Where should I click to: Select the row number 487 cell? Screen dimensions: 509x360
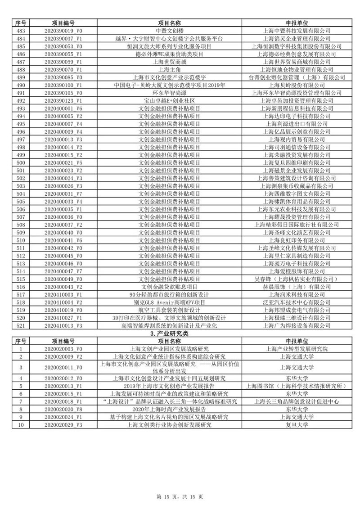(21, 61)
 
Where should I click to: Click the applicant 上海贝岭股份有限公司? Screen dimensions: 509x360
(296, 85)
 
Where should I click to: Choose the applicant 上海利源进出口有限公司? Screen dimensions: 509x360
(296, 124)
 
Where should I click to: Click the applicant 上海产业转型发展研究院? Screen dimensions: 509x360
(296, 348)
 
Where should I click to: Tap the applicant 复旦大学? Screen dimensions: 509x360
(296, 424)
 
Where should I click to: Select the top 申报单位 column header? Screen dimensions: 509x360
(296, 23)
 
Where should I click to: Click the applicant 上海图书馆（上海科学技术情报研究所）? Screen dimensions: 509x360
(296, 386)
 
